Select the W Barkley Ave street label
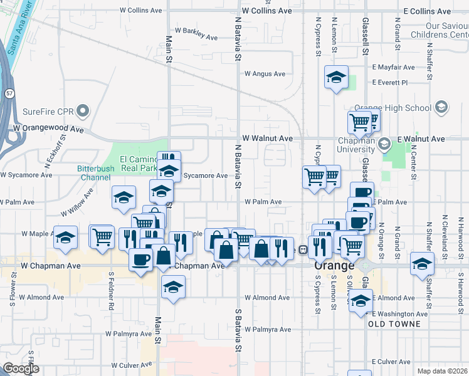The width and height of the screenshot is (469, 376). [196, 33]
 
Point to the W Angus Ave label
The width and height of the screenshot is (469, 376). [265, 73]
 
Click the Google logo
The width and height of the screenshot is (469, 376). [21, 368]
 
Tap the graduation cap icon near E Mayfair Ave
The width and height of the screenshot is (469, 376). [336, 78]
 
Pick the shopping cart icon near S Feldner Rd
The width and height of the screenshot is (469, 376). [101, 236]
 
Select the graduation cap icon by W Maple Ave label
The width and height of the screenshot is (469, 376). [66, 238]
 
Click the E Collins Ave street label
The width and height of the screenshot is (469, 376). [427, 11]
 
